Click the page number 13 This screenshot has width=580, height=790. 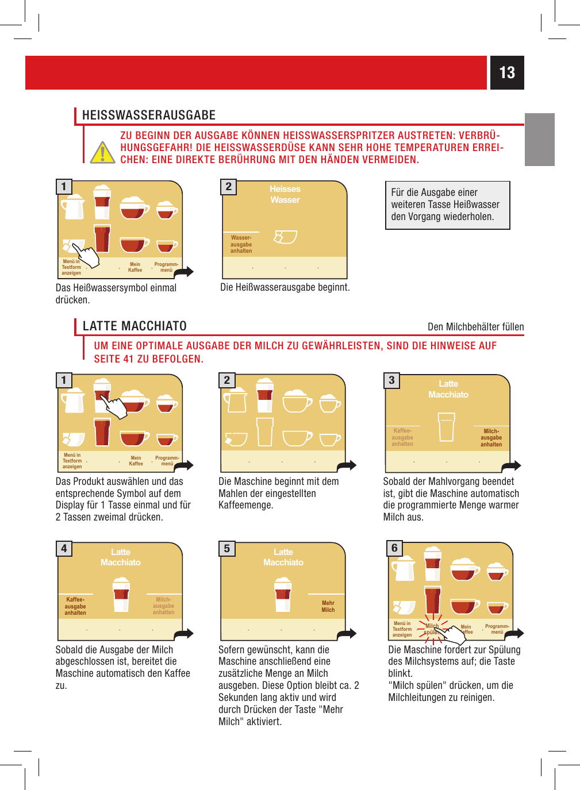coord(507,72)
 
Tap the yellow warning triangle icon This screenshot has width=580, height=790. coord(102,153)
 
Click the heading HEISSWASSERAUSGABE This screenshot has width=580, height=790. coord(148,115)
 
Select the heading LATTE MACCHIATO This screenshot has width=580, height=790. coord(135,326)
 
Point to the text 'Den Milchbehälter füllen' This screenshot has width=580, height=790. coord(475,326)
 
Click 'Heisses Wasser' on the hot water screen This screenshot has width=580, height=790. coord(285,194)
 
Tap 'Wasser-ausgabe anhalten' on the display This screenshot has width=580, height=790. coord(241,244)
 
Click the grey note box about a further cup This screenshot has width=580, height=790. coord(447,205)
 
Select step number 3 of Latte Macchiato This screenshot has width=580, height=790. coord(391,380)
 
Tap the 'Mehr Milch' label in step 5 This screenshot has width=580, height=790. coord(328,606)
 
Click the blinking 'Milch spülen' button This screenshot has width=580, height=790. coord(432,629)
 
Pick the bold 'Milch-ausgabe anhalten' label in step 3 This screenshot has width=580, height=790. coord(491,438)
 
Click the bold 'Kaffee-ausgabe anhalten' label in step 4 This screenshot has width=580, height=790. coord(75,606)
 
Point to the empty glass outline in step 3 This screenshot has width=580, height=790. coord(446,427)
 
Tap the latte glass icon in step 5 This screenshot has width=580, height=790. coord(283,594)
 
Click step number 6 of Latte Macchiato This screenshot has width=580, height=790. coord(394,548)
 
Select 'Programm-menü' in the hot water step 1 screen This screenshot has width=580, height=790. coord(166,267)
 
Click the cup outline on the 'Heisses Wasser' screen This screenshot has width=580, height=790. coord(285,237)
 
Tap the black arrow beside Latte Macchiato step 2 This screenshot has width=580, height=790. coord(347,466)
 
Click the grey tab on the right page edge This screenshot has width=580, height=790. coord(539,139)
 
